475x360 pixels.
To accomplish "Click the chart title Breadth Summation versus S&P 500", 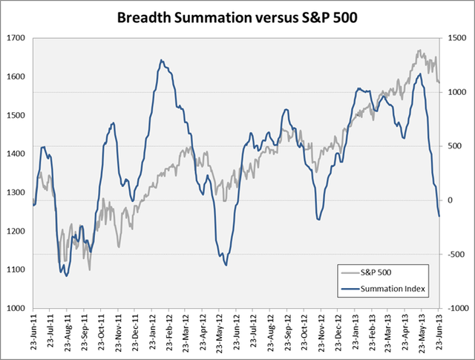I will point(237,16).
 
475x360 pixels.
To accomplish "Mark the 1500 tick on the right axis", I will point(454,37).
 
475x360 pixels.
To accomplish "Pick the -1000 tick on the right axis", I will point(456,308).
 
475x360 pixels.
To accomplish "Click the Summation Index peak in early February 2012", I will point(161,60).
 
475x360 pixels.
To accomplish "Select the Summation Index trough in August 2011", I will point(67,276).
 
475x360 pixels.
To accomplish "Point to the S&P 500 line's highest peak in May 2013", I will point(420,50).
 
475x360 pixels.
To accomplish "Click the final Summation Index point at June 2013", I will point(439,216).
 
